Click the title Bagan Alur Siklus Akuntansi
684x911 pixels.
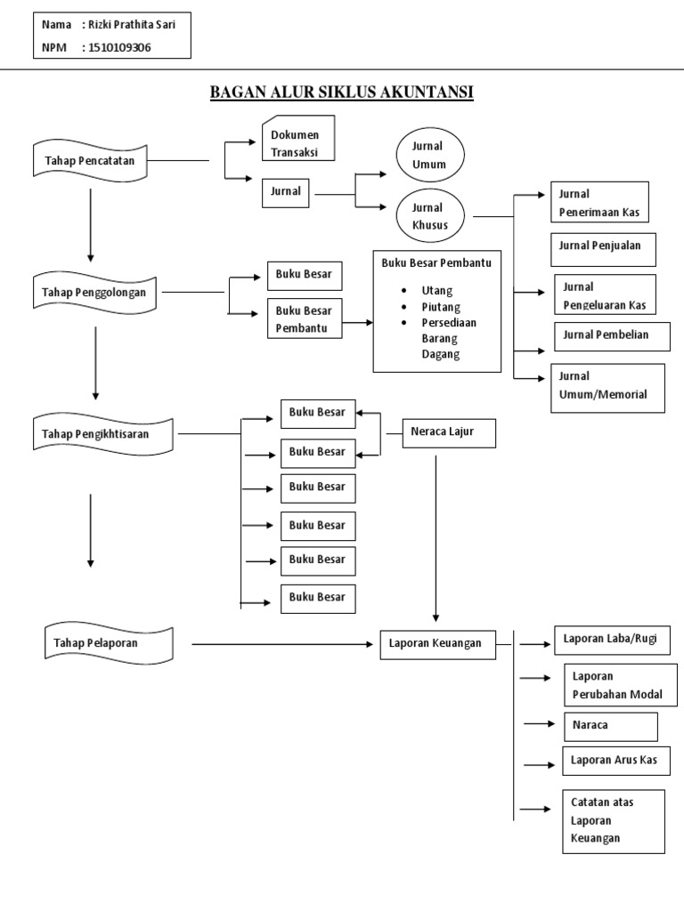[341, 93]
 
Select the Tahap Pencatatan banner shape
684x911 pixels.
[89, 160]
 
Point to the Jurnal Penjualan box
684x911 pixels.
[606, 248]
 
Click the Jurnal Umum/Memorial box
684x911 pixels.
[609, 387]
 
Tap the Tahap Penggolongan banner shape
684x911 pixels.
[94, 292]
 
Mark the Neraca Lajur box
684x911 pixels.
[449, 433]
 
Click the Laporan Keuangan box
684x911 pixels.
[437, 643]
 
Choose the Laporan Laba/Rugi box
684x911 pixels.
[612, 640]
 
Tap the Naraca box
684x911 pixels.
[611, 726]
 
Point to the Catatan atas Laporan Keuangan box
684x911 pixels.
[613, 820]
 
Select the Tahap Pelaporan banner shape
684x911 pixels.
[109, 644]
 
